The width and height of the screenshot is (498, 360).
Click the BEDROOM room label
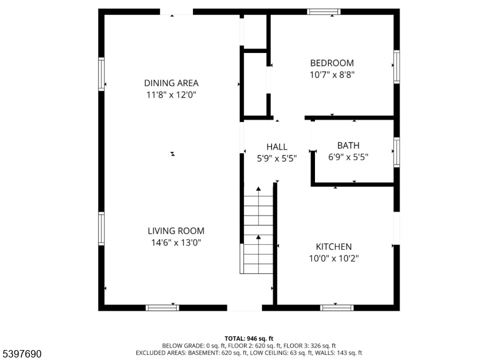(x=332, y=63)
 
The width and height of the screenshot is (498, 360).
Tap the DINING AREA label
(x=171, y=83)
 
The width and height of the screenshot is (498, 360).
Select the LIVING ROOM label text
(x=176, y=230)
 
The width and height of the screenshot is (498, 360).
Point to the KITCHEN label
(x=334, y=247)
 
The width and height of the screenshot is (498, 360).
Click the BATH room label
(x=349, y=146)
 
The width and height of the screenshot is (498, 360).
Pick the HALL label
(x=277, y=147)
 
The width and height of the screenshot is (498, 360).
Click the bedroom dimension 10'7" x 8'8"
(x=332, y=75)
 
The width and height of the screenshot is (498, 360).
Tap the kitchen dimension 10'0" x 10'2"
(x=334, y=258)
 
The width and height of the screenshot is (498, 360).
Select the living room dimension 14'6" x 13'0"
(x=176, y=243)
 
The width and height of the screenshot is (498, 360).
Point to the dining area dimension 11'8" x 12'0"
(x=171, y=95)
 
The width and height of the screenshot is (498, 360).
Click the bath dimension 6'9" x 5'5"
(x=349, y=158)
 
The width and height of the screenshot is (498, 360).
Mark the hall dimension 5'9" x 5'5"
(x=277, y=159)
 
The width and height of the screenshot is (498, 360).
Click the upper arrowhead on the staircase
(x=258, y=189)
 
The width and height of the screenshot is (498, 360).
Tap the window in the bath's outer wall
(x=397, y=152)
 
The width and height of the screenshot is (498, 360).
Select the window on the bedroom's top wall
(x=324, y=12)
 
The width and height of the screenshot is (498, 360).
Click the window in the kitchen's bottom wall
(x=337, y=308)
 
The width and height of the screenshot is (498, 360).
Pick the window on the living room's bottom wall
(x=162, y=308)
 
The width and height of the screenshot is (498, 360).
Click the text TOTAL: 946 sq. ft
(x=249, y=338)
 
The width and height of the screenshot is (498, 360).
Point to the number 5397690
(x=22, y=354)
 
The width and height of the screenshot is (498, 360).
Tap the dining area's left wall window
(x=101, y=74)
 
